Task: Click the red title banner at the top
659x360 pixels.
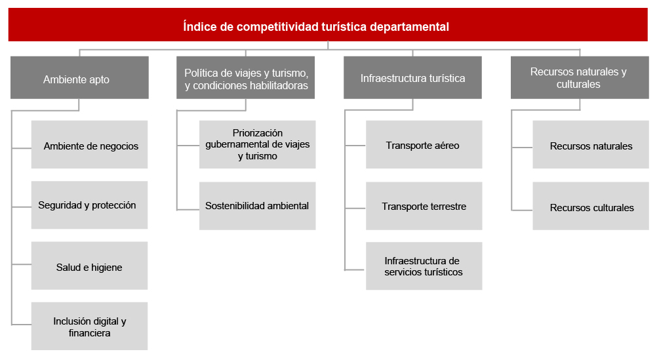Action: (x=328, y=24)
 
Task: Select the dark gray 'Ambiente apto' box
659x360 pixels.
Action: (x=79, y=78)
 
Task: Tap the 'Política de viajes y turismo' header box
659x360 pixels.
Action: (x=245, y=78)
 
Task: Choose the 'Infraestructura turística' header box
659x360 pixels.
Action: (x=412, y=78)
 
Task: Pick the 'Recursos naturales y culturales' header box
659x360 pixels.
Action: (x=580, y=78)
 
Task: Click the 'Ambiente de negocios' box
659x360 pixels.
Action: (x=90, y=144)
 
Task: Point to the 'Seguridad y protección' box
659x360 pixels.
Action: (x=90, y=205)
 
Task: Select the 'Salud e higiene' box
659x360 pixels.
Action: (x=90, y=266)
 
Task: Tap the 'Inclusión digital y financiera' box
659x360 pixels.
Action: (x=90, y=326)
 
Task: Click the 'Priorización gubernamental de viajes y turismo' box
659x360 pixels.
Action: (x=257, y=144)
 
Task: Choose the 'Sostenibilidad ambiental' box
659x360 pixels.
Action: (x=257, y=206)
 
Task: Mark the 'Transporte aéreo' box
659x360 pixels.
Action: (x=424, y=144)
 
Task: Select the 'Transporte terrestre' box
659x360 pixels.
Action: (x=424, y=206)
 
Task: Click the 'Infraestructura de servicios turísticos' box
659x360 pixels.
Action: (x=424, y=266)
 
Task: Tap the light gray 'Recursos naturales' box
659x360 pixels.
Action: (x=591, y=144)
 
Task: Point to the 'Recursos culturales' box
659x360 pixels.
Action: (x=591, y=206)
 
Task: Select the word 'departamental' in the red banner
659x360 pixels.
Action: (x=410, y=27)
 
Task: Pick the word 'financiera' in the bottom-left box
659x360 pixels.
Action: (x=90, y=333)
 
